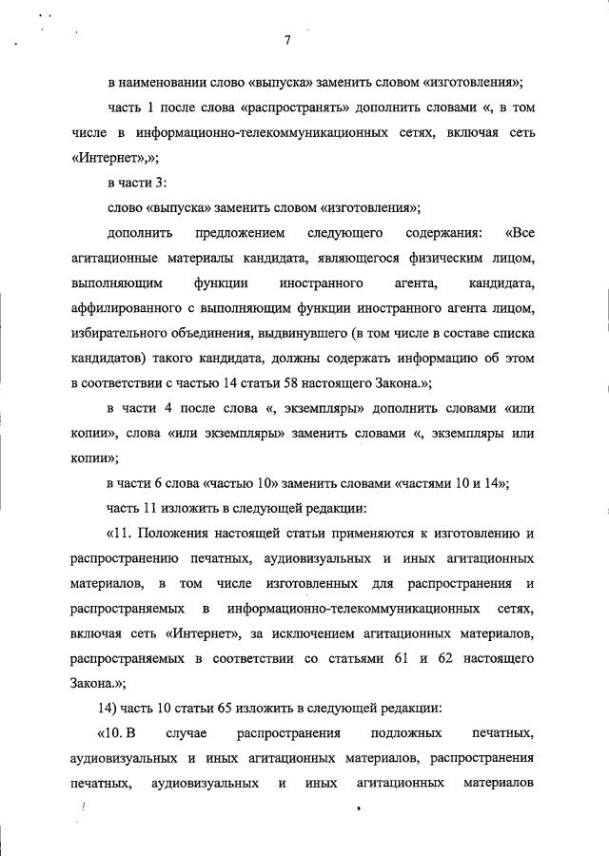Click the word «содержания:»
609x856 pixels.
[443, 232]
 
